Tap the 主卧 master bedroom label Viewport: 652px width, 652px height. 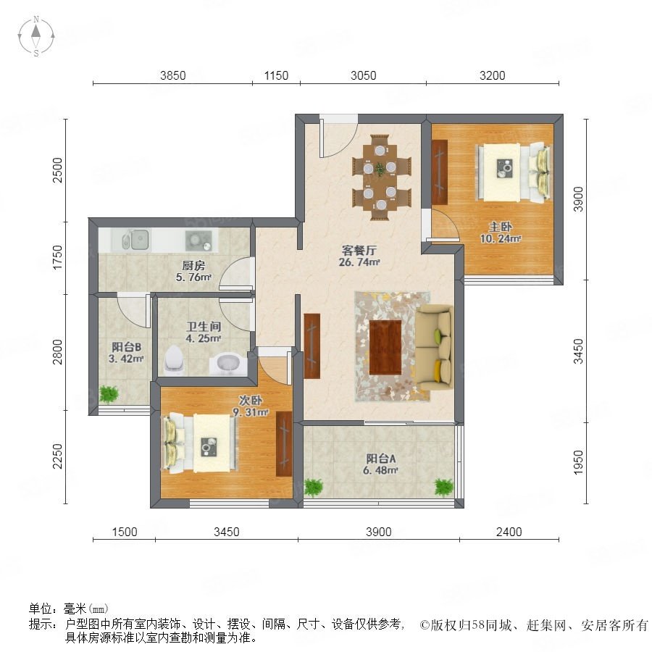[500, 227]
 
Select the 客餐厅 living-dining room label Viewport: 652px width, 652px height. [359, 251]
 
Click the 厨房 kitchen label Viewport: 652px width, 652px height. [193, 265]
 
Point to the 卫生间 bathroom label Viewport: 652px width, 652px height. [204, 327]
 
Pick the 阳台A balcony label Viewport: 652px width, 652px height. [380, 459]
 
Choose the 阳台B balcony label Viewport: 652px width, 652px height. [126, 347]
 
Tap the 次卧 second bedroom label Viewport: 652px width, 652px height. [251, 401]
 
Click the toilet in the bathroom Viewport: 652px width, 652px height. [174, 359]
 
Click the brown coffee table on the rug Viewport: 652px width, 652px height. [385, 347]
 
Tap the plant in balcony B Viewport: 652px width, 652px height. [109, 394]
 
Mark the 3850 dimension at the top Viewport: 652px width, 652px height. [173, 75]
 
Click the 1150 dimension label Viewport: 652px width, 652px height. [276, 75]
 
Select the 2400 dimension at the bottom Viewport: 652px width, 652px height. [509, 532]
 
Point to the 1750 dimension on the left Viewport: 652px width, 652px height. [57, 257]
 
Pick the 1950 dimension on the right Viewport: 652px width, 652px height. [578, 462]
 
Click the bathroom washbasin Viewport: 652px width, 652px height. [228, 364]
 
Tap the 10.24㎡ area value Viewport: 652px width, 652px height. [500, 238]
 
